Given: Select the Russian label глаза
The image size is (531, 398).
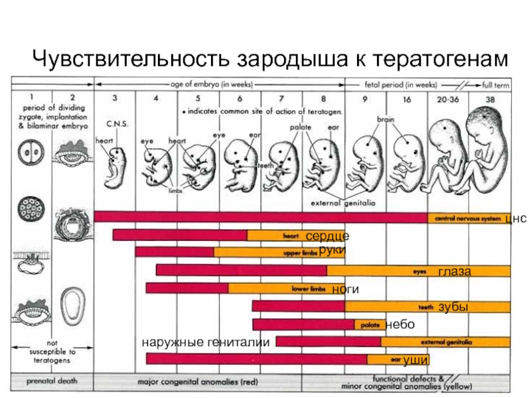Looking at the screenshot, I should pos(455,271).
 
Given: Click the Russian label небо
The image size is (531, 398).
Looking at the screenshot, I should pos(400,324).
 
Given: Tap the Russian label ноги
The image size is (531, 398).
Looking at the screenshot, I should pos(346,289).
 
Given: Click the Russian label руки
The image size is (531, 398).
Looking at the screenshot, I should pos(333,250).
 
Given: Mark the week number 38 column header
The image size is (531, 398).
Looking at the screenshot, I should pos(490,98).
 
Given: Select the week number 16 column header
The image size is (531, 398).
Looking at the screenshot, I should pos(409,98).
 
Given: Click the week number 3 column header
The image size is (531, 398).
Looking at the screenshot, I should pos(115,98).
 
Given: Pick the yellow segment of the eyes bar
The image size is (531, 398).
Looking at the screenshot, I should pos(419,271).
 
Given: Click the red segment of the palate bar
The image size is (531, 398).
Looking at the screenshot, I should pos(303,324).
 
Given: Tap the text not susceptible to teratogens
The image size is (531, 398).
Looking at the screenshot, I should pos(54,352).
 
